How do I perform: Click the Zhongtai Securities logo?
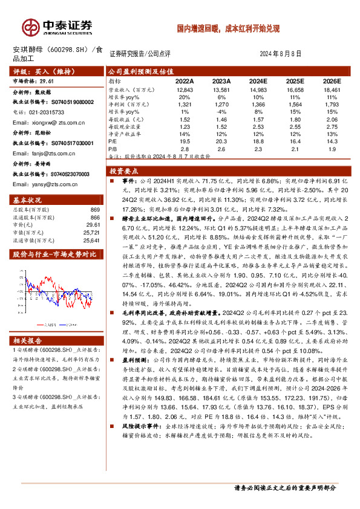pos(57,27)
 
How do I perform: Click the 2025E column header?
pos(295,81)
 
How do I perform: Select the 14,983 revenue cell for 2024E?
pos(258,89)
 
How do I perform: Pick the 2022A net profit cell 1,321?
pos(185,105)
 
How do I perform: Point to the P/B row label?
pos(113,149)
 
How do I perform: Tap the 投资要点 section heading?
pos(124,170)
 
